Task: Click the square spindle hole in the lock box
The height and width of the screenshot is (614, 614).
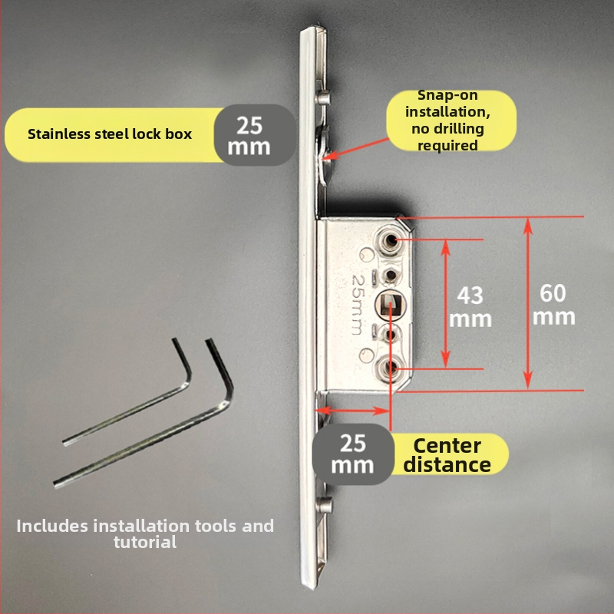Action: [x=391, y=305]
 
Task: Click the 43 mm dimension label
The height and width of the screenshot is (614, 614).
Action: [x=470, y=307]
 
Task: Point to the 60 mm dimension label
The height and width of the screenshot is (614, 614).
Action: [x=553, y=305]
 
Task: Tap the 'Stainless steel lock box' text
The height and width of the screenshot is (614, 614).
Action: [x=110, y=134]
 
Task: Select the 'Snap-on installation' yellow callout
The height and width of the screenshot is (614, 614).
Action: [x=451, y=120]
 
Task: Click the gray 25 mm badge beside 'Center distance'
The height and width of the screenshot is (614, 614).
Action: [x=352, y=454]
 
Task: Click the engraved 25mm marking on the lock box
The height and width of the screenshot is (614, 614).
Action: [x=358, y=305]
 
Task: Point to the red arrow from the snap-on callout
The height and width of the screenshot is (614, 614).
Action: [x=355, y=149]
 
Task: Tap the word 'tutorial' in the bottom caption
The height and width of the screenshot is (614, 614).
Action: [x=145, y=543]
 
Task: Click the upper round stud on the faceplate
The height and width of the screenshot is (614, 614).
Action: [x=323, y=97]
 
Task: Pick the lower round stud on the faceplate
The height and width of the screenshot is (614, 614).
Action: [x=324, y=505]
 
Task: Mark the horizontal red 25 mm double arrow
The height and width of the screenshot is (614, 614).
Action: [x=353, y=411]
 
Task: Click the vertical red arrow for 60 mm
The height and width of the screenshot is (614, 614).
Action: [x=528, y=303]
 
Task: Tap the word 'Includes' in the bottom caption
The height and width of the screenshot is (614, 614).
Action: [x=52, y=526]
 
